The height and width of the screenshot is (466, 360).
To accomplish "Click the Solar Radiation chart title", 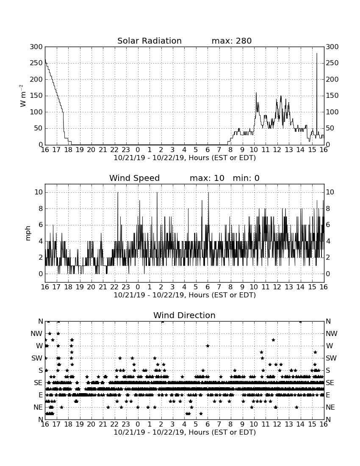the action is click(x=150, y=41).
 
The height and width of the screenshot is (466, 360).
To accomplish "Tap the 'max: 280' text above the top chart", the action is click(x=232, y=41).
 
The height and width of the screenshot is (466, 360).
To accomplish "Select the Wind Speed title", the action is click(x=135, y=178).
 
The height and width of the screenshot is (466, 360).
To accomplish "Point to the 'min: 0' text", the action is click(x=246, y=178).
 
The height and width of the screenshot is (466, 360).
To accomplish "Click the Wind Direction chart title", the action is click(x=185, y=315).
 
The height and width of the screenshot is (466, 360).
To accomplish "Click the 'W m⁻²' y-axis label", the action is click(x=23, y=96).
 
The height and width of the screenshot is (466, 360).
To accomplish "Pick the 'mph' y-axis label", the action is click(x=28, y=233).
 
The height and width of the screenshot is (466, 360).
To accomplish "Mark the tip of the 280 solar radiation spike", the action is click(x=317, y=53).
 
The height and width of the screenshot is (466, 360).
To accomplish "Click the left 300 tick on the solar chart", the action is click(x=36, y=47).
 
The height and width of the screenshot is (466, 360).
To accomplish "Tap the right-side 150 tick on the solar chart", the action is click(x=332, y=96).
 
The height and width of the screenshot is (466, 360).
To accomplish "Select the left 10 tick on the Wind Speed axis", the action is click(x=39, y=192).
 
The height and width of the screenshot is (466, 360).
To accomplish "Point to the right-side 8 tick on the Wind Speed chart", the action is click(x=328, y=208).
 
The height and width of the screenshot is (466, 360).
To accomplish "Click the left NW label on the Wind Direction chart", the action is click(x=36, y=334).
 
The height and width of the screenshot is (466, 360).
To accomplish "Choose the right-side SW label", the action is click(x=331, y=358).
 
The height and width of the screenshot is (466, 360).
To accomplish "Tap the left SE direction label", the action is click(x=38, y=383).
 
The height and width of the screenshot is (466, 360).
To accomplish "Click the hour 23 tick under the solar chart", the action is click(x=126, y=150).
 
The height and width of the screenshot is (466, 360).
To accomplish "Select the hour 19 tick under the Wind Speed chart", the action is click(x=80, y=287).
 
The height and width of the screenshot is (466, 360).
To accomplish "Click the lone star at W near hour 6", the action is click(x=208, y=346).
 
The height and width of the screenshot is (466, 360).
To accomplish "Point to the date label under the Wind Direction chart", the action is click(x=185, y=432).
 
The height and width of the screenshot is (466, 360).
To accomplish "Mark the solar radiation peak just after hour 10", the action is click(x=256, y=93).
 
